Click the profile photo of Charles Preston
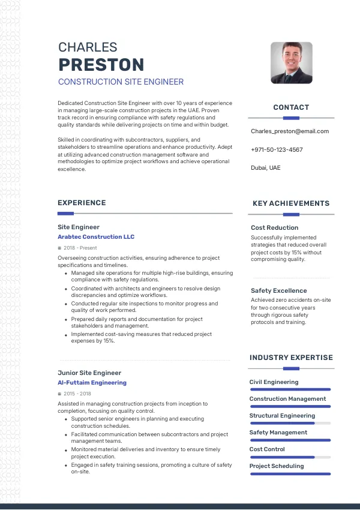(x=292, y=62)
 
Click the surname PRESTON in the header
(x=101, y=65)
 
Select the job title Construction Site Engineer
(x=121, y=82)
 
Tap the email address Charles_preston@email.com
(x=290, y=131)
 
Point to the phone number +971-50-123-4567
(x=277, y=150)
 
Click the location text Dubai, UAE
(x=265, y=168)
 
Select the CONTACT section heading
(x=291, y=107)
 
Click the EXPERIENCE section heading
(x=82, y=203)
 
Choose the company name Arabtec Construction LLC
(x=96, y=237)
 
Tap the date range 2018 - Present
(x=80, y=248)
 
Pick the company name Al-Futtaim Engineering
(x=92, y=382)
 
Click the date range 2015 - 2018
(x=77, y=394)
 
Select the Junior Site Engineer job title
(x=89, y=373)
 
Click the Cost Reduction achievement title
(x=274, y=228)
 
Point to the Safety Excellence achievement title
(x=278, y=291)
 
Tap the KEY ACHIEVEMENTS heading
(x=291, y=203)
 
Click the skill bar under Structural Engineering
(x=290, y=423)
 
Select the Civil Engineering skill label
(x=274, y=382)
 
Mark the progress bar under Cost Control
(x=290, y=457)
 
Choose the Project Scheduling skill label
(x=277, y=466)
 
